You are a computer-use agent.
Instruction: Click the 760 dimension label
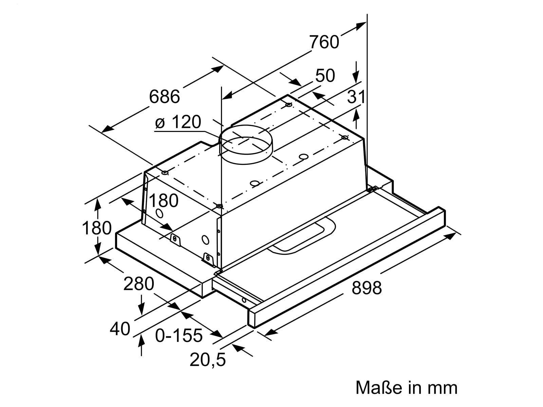coord(324,42)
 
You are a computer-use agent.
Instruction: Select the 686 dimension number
coord(165,97)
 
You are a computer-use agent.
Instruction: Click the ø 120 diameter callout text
coord(178,122)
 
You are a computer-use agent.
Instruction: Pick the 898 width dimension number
coord(367,288)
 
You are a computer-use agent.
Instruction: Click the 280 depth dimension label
coord(138,284)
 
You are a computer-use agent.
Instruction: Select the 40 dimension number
coord(120,329)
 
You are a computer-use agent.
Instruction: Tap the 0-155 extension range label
coord(179,335)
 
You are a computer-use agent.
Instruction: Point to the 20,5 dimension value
coord(208,360)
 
